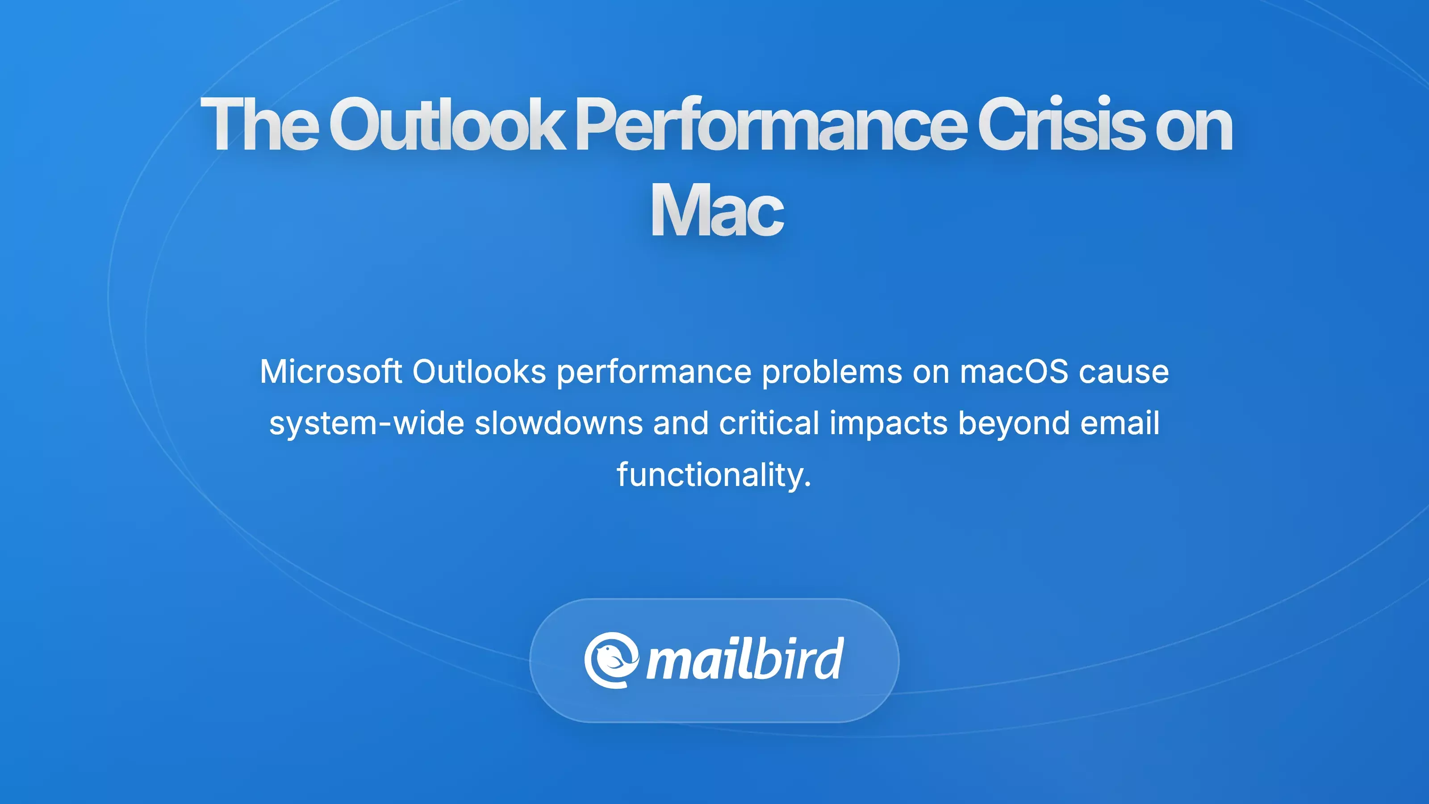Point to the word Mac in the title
pyautogui.click(x=717, y=210)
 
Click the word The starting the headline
pyautogui.click(x=259, y=124)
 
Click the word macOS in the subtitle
pyautogui.click(x=1014, y=371)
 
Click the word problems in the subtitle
pyautogui.click(x=832, y=372)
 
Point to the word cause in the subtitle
pyautogui.click(x=1124, y=372)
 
